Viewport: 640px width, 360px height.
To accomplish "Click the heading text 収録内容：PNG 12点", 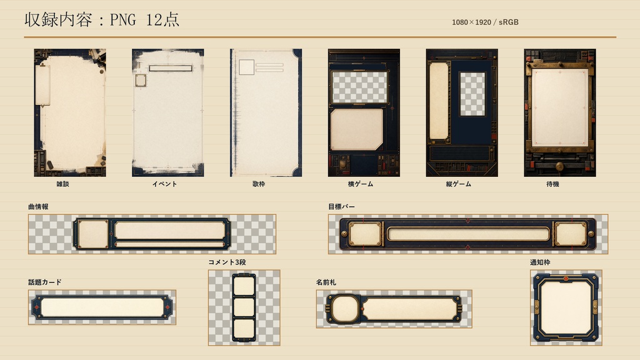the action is [x=102, y=19].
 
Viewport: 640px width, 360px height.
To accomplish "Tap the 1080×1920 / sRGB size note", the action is [x=485, y=22].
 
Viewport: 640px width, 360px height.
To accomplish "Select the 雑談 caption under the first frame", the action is [x=62, y=184].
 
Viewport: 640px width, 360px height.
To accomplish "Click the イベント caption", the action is [x=164, y=184].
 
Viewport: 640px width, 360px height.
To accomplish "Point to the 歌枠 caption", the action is [x=259, y=184].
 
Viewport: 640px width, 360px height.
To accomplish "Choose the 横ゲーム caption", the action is [x=361, y=184].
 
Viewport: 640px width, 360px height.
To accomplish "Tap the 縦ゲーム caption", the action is [x=458, y=184].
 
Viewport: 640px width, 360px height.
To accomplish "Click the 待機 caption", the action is [x=552, y=184].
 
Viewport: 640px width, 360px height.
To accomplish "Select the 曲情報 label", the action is [x=38, y=206].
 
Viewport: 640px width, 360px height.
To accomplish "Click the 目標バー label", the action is [x=341, y=206].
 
